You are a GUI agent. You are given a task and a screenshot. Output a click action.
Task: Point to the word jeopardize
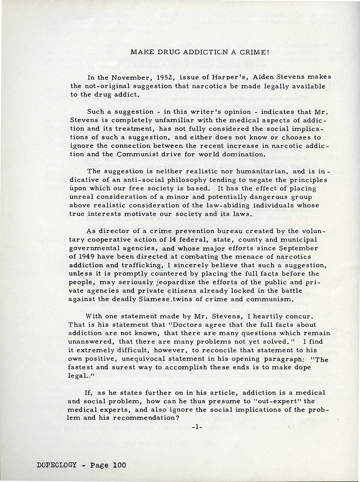click(154, 282)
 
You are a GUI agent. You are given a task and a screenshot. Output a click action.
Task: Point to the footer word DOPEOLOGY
click(57, 465)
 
